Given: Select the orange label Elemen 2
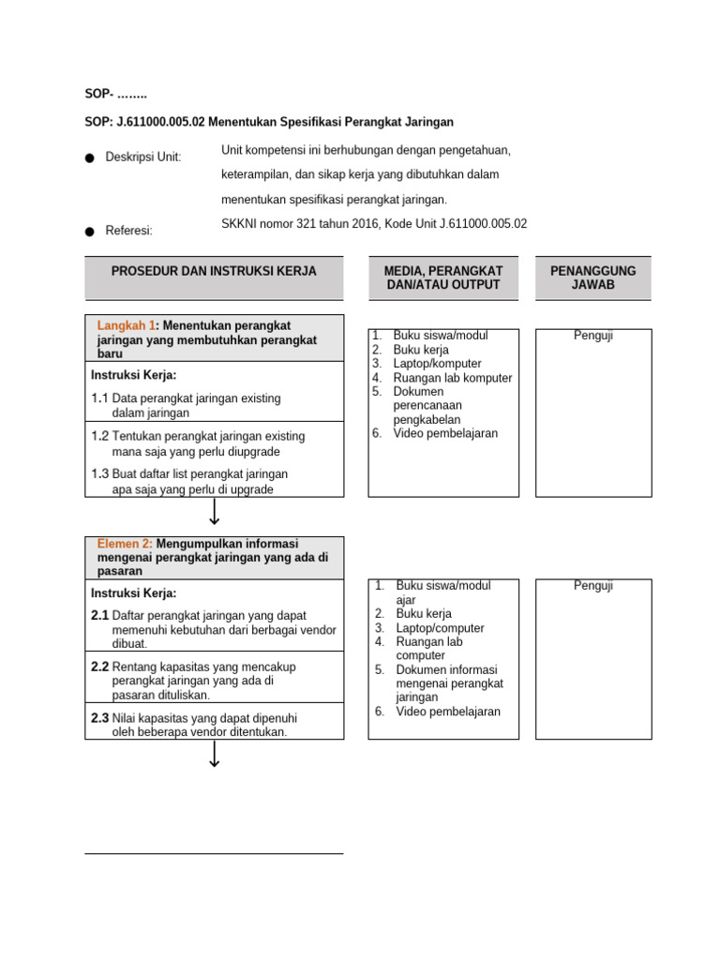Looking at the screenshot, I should click(x=125, y=543).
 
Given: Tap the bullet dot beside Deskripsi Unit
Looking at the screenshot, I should click(x=89, y=158).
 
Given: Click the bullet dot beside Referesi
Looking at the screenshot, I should click(x=89, y=231).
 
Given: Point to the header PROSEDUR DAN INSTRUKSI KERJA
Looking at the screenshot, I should click(x=214, y=271).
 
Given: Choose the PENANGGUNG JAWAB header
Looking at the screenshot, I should click(x=592, y=277).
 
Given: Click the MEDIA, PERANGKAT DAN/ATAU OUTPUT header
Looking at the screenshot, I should click(x=442, y=277).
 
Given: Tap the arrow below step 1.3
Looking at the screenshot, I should click(x=215, y=512).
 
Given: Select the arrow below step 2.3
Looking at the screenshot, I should click(x=215, y=754).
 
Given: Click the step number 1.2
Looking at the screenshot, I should click(x=100, y=436).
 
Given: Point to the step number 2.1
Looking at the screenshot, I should click(x=100, y=615).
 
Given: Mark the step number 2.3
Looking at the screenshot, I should click(x=100, y=718).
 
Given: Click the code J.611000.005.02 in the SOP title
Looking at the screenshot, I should click(x=157, y=122).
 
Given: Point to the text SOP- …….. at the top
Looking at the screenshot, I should click(x=116, y=94).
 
